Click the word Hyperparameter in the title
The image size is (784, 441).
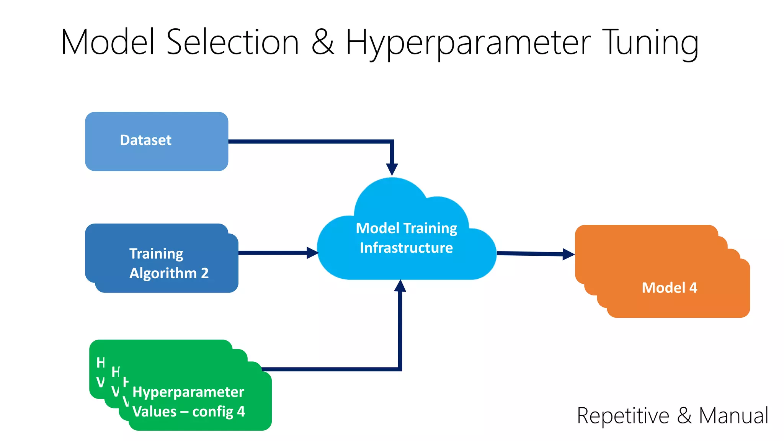(x=468, y=43)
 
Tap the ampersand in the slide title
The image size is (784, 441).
(x=323, y=42)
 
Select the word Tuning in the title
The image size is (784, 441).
(x=650, y=43)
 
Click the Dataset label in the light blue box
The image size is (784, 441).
(x=145, y=140)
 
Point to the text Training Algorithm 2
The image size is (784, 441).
(x=168, y=263)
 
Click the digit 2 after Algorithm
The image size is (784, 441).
(x=205, y=273)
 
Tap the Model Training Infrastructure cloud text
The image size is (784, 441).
(x=406, y=238)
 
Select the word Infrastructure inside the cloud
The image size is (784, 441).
(x=406, y=248)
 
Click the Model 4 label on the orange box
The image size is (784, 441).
(x=669, y=288)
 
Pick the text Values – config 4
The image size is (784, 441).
(x=188, y=412)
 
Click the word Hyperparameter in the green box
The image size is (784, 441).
(x=188, y=392)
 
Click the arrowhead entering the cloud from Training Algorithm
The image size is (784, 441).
(x=312, y=253)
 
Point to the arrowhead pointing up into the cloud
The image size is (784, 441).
(x=400, y=286)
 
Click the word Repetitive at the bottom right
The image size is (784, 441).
(x=623, y=416)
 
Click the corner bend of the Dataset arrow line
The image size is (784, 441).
(x=392, y=142)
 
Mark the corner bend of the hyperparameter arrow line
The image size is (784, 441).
(x=400, y=369)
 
